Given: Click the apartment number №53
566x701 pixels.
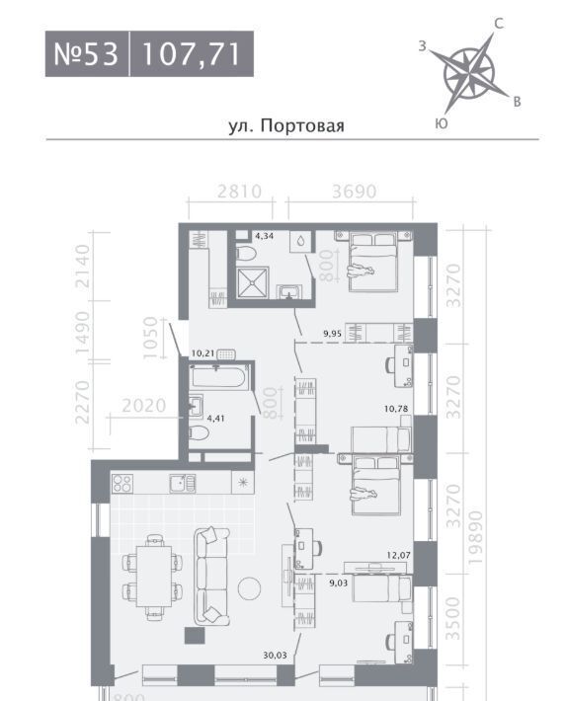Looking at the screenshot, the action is click(x=86, y=54).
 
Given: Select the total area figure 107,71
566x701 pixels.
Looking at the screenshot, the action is click(x=192, y=54).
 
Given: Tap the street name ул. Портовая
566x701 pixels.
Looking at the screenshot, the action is click(x=286, y=125).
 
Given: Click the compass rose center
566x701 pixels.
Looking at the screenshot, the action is click(x=469, y=73).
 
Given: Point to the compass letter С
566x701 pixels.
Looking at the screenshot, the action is click(x=499, y=24).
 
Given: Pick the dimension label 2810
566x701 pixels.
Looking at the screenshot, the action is click(x=239, y=192).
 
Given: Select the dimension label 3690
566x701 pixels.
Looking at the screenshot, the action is click(x=355, y=192).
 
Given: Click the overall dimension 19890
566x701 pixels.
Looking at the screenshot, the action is click(x=477, y=537).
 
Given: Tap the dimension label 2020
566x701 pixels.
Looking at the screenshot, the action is click(x=144, y=406).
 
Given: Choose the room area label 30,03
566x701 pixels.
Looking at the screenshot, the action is click(x=276, y=656).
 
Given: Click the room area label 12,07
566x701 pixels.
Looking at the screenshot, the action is click(x=399, y=555).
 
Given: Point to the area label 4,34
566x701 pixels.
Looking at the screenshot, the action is click(x=264, y=236).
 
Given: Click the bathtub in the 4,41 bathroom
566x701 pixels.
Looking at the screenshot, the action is click(x=217, y=377).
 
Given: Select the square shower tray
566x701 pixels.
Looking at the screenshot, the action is click(x=253, y=282).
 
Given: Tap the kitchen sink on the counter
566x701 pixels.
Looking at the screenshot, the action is click(x=182, y=483).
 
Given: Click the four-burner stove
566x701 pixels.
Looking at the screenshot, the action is click(x=122, y=483).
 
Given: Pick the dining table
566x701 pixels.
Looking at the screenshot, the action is click(x=154, y=576).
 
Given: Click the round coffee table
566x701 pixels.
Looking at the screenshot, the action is click(x=249, y=588).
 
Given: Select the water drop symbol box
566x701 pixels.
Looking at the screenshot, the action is click(x=300, y=242).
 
